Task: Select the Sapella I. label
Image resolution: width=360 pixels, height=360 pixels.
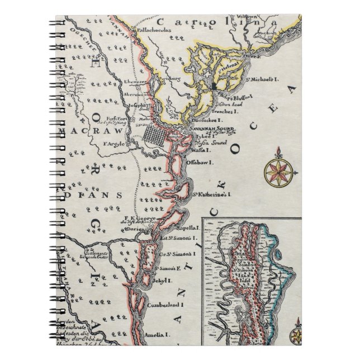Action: [x=188, y=228]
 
